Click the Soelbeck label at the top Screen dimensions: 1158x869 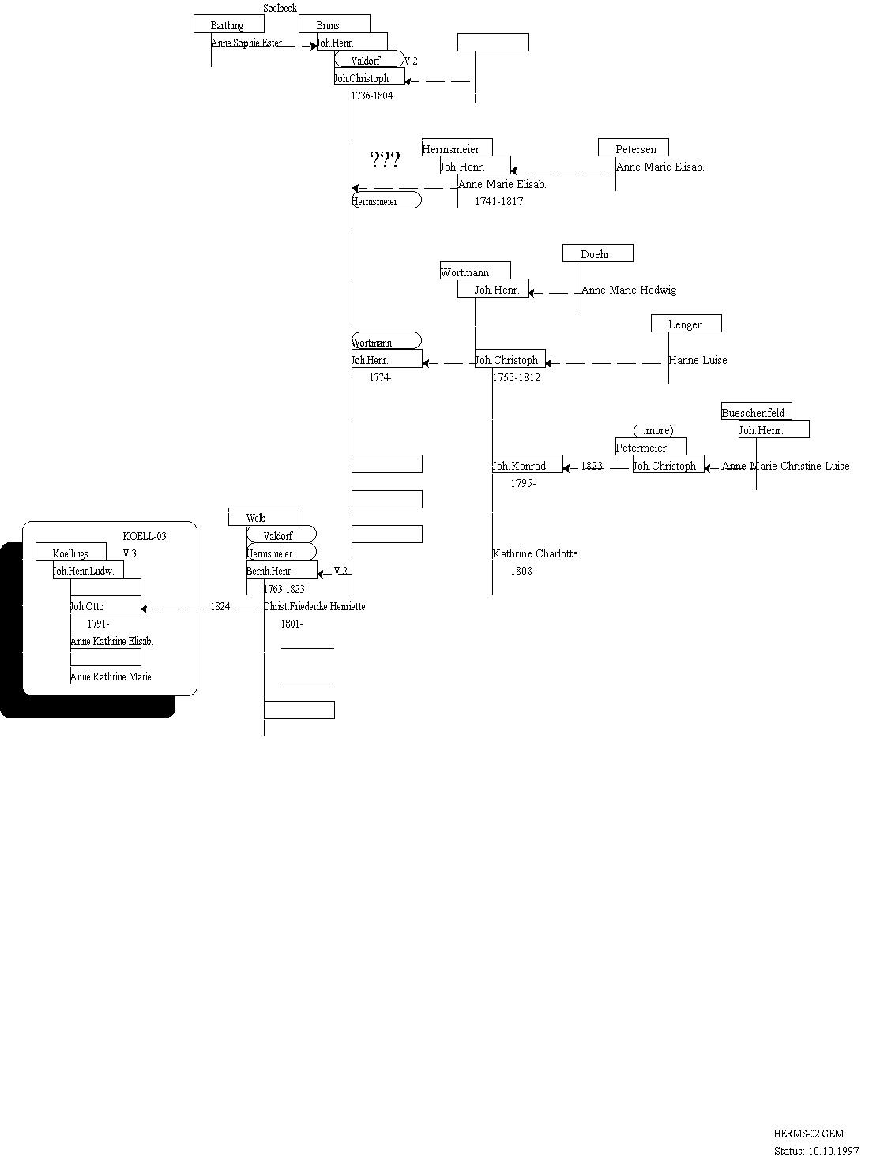click(280, 8)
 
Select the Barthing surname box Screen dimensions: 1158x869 click(228, 24)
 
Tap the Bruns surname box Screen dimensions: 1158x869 click(333, 24)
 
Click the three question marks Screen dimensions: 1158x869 click(385, 160)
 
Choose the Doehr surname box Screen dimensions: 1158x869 click(597, 253)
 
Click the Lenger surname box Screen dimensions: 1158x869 click(686, 324)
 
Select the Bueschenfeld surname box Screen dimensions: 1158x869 click(755, 412)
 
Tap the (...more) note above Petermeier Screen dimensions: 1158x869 click(653, 430)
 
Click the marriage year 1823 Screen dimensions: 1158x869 click(592, 466)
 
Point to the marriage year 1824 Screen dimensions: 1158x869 click(220, 606)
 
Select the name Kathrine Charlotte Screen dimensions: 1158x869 click(535, 553)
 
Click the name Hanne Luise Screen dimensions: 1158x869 click(698, 360)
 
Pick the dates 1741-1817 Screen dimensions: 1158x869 click(498, 201)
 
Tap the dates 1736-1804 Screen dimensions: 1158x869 click(371, 96)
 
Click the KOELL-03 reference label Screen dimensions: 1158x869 click(145, 536)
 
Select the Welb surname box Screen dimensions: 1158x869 click(263, 518)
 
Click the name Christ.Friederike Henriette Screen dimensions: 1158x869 click(314, 606)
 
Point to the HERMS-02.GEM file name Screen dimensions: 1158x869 click(803, 1132)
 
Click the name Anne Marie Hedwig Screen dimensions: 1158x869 click(629, 290)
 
